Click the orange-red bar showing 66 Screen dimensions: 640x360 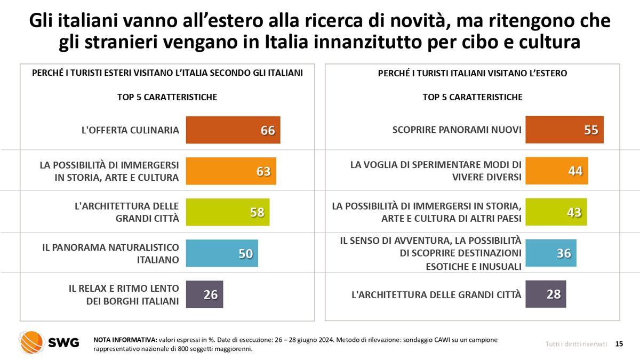233,130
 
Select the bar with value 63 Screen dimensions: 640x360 230,171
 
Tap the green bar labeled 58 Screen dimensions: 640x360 227,212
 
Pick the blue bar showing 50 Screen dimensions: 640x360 221,253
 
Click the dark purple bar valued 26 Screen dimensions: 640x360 204,294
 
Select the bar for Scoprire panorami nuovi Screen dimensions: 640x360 564,130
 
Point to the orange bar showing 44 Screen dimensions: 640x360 556,171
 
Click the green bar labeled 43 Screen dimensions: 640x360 556,212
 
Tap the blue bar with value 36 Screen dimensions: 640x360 550,253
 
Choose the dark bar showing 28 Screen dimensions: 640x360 545,294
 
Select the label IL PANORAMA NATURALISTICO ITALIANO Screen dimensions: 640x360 110,254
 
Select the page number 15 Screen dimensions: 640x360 619,345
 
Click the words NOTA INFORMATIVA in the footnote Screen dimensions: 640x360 125,340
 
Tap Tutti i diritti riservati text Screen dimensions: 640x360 576,345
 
